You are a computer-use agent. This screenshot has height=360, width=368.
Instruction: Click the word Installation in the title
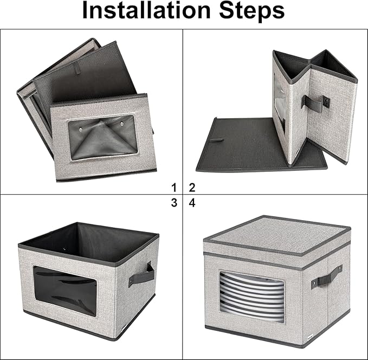click(x=146, y=10)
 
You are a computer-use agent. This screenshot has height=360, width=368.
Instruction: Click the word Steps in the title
click(x=252, y=11)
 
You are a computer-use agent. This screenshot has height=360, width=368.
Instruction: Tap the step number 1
click(x=173, y=188)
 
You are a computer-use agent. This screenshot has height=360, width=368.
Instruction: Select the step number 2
click(x=192, y=188)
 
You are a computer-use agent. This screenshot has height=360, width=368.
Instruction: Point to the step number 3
click(x=174, y=203)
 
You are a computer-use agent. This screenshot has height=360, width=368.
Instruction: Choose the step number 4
click(x=192, y=203)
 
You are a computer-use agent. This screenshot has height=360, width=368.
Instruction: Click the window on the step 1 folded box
click(x=103, y=137)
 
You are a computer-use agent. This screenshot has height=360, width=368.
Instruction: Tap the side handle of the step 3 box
click(x=141, y=275)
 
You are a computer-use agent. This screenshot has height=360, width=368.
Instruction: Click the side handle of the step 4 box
click(x=327, y=277)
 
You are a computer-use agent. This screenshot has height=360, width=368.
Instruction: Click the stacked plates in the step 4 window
click(x=252, y=297)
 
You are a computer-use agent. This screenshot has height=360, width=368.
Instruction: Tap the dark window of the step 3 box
click(x=65, y=291)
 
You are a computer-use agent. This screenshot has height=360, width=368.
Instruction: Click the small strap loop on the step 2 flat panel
click(x=216, y=140)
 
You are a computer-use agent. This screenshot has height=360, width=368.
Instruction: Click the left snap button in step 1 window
click(x=81, y=128)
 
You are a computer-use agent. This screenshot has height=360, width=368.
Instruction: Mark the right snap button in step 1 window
click(x=122, y=123)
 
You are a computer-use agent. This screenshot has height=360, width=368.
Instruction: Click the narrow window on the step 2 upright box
click(x=280, y=103)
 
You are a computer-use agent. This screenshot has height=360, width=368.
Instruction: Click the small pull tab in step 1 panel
click(x=77, y=69)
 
